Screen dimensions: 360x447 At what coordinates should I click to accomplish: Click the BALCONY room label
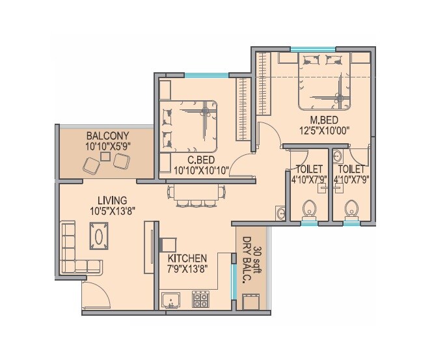pos(107,136)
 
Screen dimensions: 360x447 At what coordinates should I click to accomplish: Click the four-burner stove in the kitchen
pos(200,300)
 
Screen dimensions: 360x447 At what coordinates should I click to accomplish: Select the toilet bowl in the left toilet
pos(310,210)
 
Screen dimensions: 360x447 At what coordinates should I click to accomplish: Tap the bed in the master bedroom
pos(323,81)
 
